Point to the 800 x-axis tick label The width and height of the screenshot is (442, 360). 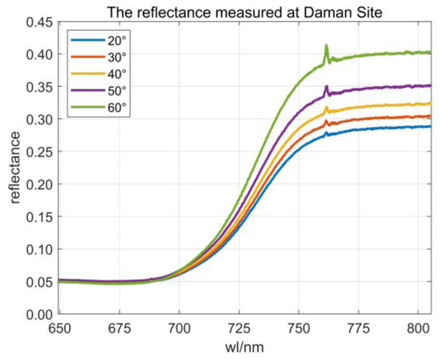click(417, 328)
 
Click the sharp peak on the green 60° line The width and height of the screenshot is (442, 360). click(326, 46)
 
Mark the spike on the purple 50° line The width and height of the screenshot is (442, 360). click(326, 86)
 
